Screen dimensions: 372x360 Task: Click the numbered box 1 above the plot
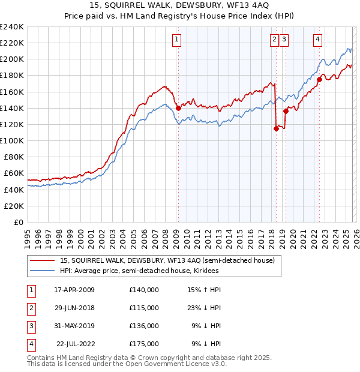click(178, 40)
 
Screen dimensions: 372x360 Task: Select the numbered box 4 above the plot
click(317, 40)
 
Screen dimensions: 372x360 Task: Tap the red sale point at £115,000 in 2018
click(276, 128)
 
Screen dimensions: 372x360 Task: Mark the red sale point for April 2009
click(178, 108)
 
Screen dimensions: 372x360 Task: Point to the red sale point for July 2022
click(319, 79)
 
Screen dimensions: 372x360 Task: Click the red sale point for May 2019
click(286, 111)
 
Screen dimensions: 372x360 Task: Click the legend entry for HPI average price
click(139, 271)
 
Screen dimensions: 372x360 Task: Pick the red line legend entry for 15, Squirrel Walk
click(167, 260)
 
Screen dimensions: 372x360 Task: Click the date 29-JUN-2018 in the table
click(74, 308)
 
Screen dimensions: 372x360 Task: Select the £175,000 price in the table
click(144, 344)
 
